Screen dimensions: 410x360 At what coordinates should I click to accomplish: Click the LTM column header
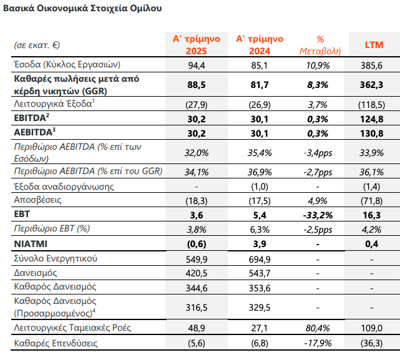tap(374, 45)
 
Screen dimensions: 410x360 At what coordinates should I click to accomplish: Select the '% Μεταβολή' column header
tap(320, 45)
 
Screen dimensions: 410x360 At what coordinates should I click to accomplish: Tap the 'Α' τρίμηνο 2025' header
tap(197, 45)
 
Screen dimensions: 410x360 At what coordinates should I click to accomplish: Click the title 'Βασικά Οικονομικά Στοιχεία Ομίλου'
tap(82, 8)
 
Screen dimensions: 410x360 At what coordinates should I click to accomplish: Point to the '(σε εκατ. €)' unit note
tap(37, 45)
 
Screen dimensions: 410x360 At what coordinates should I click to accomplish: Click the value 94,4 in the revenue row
tap(197, 65)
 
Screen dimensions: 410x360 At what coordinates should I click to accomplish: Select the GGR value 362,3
tap(371, 85)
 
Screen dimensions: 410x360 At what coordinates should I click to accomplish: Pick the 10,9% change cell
tap(318, 65)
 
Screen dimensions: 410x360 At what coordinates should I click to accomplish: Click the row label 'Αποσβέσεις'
tap(37, 200)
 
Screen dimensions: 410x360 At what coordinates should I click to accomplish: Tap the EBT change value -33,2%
tap(318, 215)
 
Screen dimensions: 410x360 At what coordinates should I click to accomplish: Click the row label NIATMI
tap(31, 244)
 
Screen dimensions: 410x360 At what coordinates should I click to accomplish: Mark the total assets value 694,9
tap(260, 260)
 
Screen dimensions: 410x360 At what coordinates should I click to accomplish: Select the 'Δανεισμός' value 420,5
tap(197, 273)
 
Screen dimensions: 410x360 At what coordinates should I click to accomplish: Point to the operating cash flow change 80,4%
tap(318, 328)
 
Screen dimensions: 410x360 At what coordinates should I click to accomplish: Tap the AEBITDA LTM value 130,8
tap(371, 134)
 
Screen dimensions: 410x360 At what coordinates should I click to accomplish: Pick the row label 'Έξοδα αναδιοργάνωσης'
tap(64, 187)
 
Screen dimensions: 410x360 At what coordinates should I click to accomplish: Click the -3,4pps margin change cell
tap(318, 153)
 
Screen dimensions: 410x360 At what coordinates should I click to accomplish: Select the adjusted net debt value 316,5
tap(197, 308)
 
